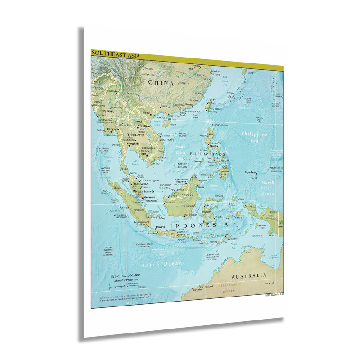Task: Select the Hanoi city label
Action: point(146,113)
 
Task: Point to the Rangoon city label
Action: point(112,129)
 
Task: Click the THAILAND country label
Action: point(135,135)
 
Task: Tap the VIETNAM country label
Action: point(166,140)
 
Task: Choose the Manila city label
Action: point(214,146)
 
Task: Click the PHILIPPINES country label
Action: point(207,154)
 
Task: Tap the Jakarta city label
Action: point(160,227)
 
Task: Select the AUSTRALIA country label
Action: point(248,275)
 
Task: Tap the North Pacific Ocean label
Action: point(268,188)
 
